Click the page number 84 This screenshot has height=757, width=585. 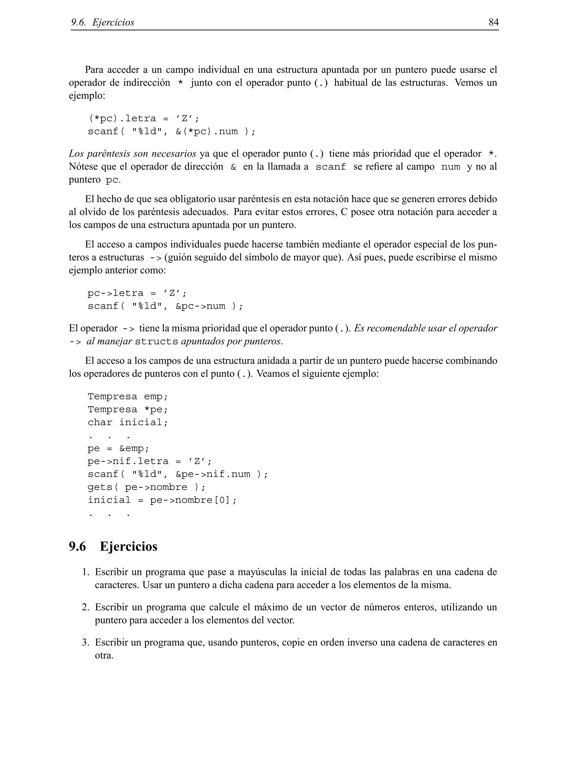[493, 22]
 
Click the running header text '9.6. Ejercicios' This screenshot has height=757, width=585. [103, 23]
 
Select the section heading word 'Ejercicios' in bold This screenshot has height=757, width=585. [128, 546]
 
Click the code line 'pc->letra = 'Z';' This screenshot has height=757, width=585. [137, 293]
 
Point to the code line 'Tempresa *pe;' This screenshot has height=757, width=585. [127, 409]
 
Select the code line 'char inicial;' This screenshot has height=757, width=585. [127, 422]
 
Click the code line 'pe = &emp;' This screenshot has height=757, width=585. [118, 448]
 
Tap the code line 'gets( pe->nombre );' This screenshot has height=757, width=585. [146, 487]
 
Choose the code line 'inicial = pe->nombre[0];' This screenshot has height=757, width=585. [162, 500]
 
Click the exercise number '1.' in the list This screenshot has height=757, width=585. [86, 572]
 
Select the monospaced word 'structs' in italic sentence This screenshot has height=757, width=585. [156, 342]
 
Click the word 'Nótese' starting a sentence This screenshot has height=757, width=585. [83, 167]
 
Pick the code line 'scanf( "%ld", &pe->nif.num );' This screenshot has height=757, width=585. [177, 474]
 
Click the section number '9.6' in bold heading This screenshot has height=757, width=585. [77, 546]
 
